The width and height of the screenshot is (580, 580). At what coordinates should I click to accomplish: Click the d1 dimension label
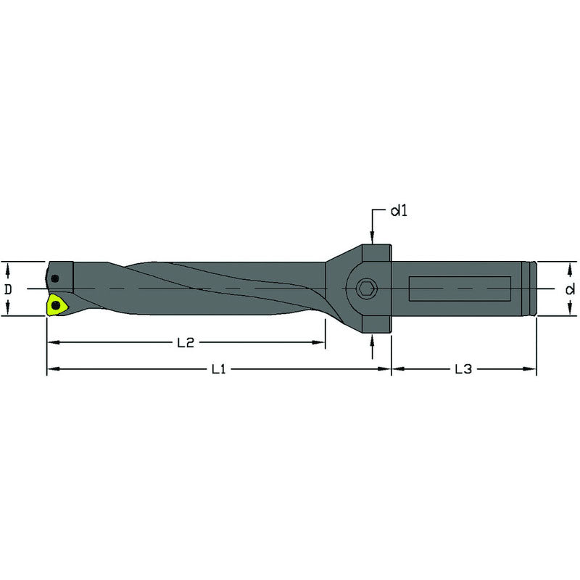(x=399, y=212)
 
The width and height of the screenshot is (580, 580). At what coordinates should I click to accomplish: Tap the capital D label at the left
(x=8, y=289)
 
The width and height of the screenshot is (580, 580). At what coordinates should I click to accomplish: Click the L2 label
(x=186, y=343)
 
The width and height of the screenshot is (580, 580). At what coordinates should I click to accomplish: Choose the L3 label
(x=463, y=370)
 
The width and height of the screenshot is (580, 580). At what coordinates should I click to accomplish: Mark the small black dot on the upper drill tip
(x=56, y=276)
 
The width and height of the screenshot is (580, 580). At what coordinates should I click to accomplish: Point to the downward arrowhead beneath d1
(x=372, y=239)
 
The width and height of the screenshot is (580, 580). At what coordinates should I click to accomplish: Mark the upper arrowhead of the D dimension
(x=8, y=267)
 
